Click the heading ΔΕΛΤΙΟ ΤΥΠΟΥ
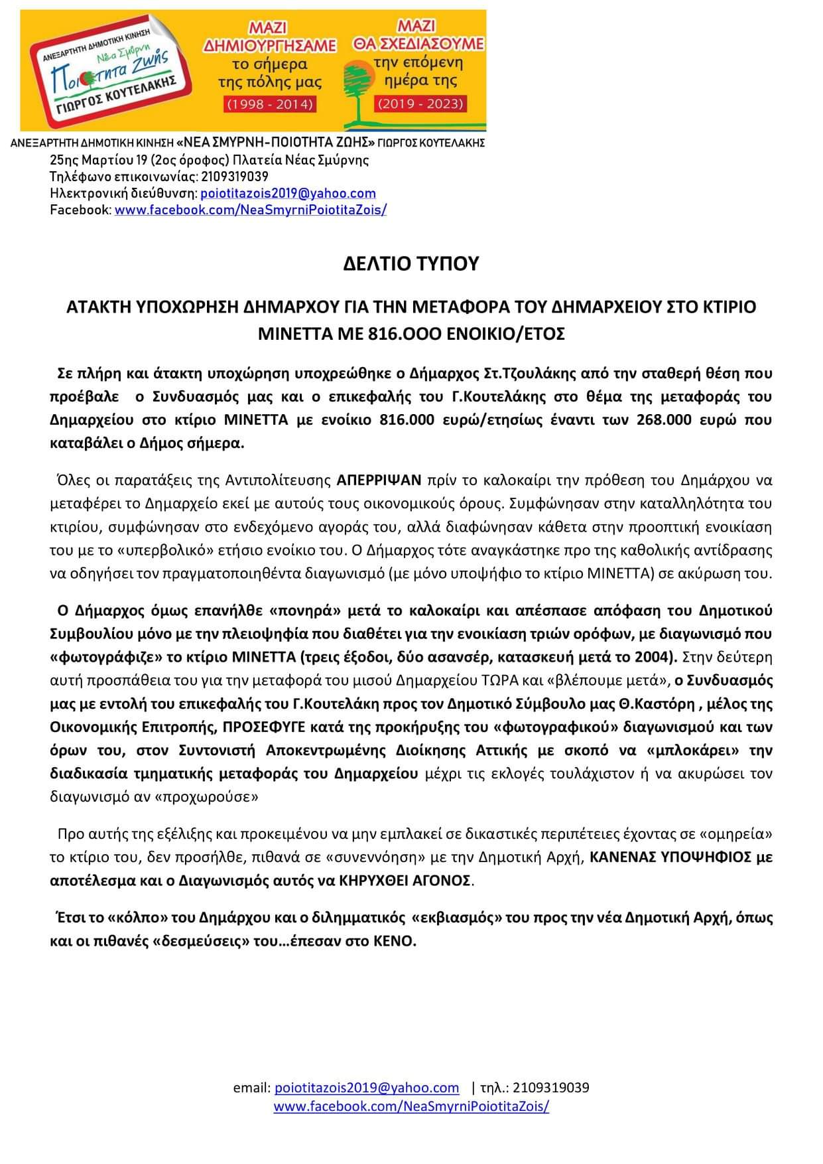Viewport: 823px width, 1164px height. coord(411,264)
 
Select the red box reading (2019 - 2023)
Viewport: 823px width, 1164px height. coord(420,104)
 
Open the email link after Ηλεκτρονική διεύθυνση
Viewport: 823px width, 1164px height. coord(288,193)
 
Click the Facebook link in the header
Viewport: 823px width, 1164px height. coord(251,210)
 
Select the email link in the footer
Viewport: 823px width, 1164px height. coord(367,1088)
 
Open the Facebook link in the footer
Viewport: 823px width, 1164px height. coord(411,1106)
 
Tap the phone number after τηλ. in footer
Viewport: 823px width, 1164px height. coord(550,1088)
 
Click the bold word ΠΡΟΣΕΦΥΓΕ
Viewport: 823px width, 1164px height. coord(265,727)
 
